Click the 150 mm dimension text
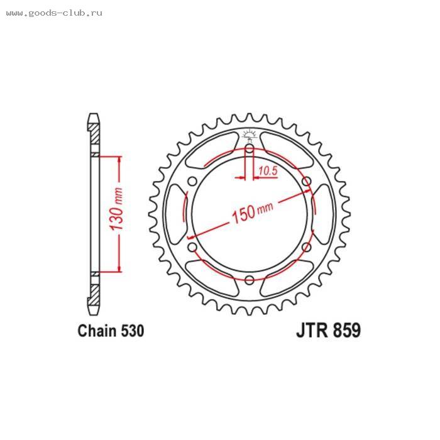tap(252, 212)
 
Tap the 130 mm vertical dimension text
tap(116, 209)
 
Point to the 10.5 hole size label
tap(268, 170)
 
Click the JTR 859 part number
tap(328, 330)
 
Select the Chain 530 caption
tap(111, 331)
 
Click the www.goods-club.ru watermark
tap(54, 13)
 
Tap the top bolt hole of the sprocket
tap(249, 149)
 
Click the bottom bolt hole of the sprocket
tap(249, 280)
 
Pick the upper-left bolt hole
tap(192, 182)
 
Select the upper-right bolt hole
tap(307, 181)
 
